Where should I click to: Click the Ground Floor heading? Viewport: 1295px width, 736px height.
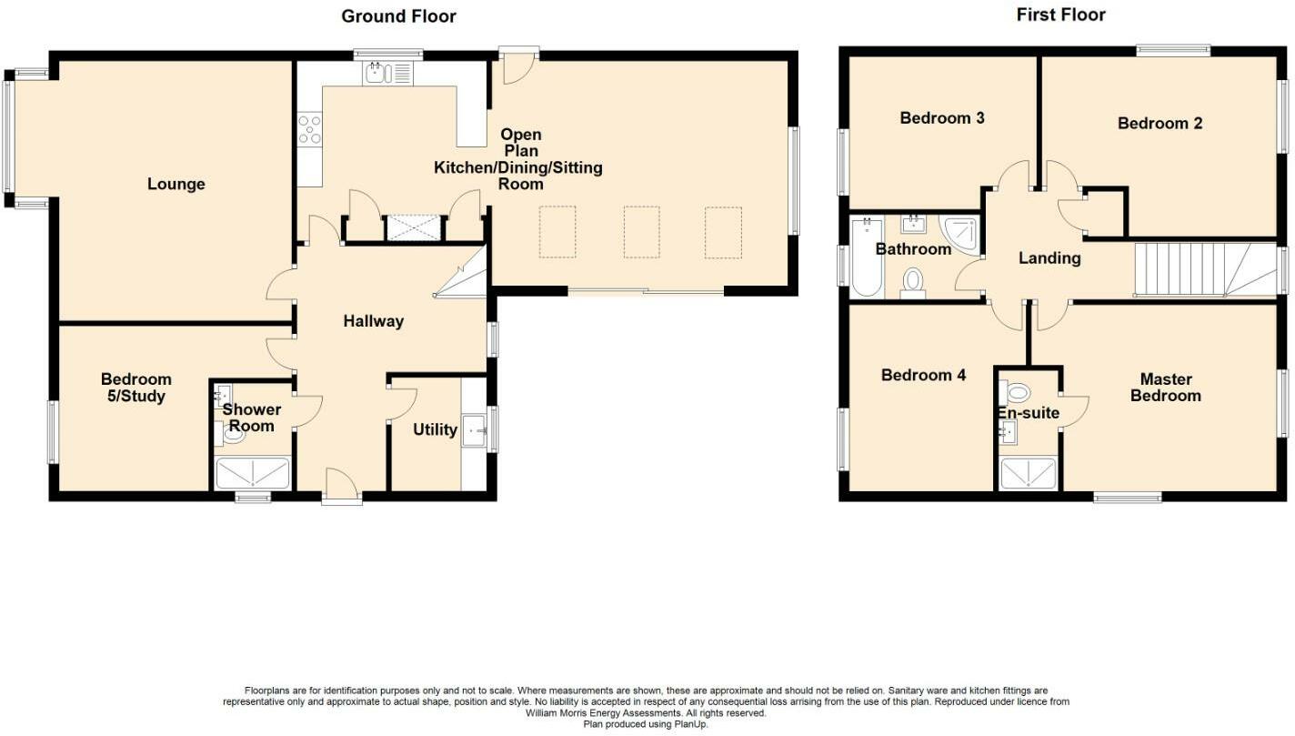coord(398,16)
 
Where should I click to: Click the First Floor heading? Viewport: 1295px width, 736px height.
coord(1060,15)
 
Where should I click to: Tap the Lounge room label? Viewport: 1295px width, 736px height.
coord(176,185)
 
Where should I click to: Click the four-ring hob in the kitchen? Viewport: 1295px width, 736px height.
coord(309,128)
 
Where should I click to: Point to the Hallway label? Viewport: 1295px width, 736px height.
coord(373,321)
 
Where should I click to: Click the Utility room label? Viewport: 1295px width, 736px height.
coord(435,429)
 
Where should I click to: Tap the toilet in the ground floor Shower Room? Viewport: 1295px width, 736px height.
coord(232,436)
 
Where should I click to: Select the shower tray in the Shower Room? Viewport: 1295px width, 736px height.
coord(252,474)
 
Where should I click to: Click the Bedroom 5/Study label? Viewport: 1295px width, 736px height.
coord(136,388)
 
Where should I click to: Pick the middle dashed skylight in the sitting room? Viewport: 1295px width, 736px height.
coord(641,232)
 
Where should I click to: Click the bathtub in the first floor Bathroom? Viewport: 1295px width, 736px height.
coord(866,257)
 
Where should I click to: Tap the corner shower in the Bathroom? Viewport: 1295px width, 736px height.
coord(960,232)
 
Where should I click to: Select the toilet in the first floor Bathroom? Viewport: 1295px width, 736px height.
coord(912,281)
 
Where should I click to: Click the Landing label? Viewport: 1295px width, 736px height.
coord(1049,258)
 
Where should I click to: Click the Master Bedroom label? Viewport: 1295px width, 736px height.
coord(1165,388)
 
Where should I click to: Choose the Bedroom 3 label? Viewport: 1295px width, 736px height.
coord(941,118)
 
